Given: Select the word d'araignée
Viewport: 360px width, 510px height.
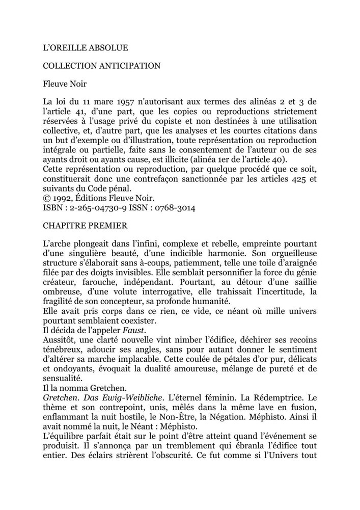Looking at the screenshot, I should click(294, 260).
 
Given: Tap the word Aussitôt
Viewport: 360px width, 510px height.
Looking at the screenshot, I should click(60, 330).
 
